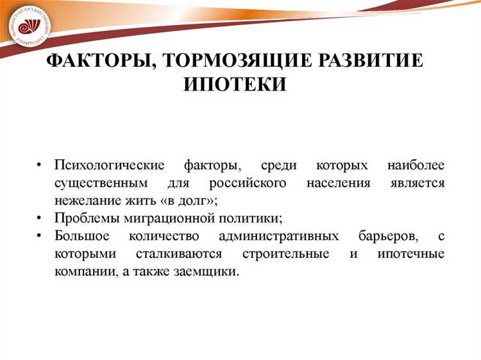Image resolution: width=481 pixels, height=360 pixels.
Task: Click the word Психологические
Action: [110, 166]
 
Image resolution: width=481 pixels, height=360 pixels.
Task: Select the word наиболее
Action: [416, 166]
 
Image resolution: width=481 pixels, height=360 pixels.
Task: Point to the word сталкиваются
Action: [169, 253]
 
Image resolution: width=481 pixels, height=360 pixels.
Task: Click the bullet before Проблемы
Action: [40, 218]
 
